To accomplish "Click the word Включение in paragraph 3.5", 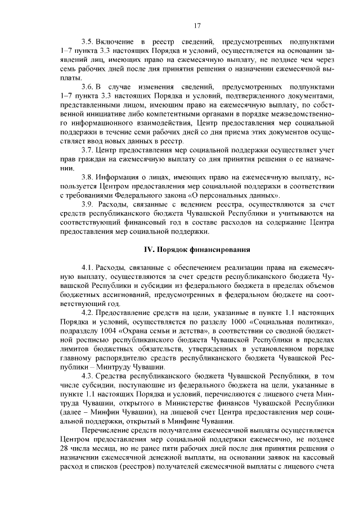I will click(x=115, y=42).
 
